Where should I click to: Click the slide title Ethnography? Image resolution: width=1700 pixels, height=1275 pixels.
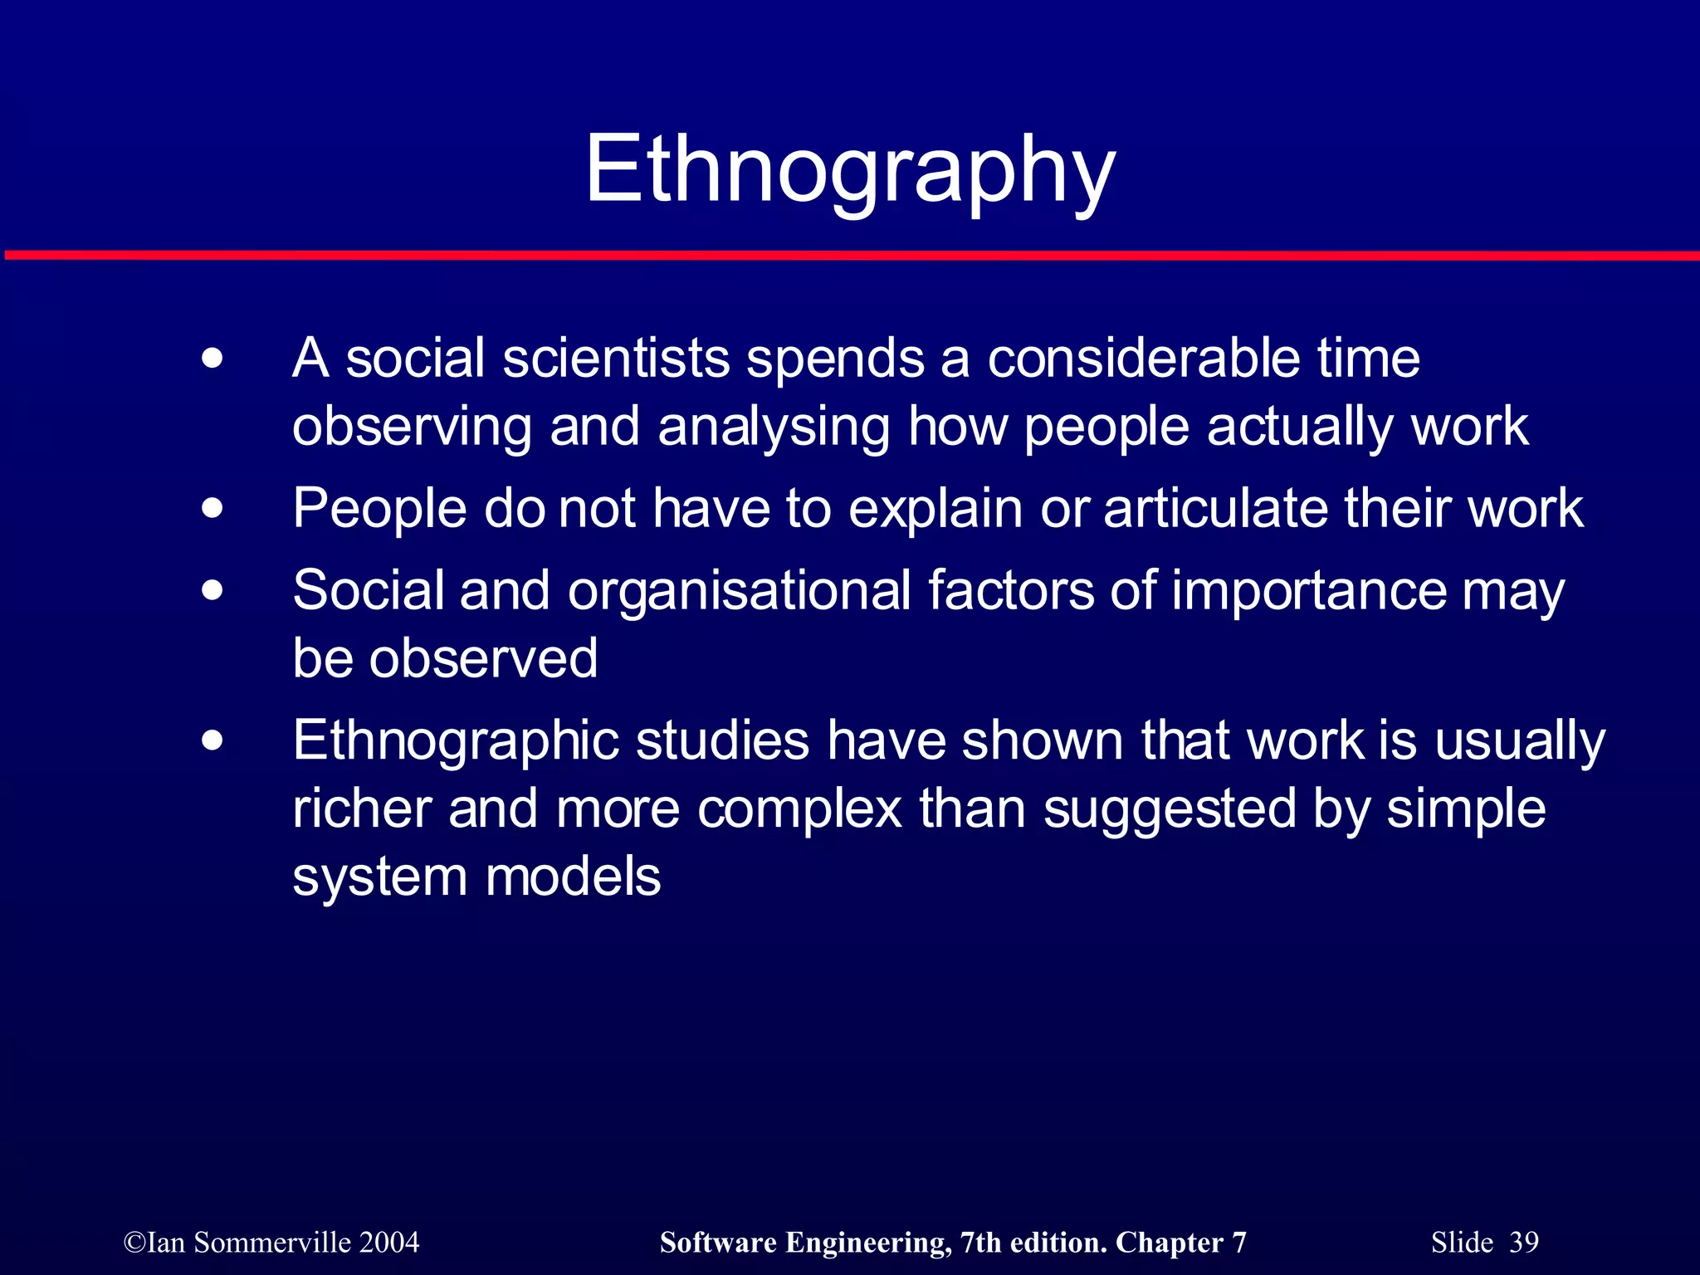[850, 170]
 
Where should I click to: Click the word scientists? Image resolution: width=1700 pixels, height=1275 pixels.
[617, 359]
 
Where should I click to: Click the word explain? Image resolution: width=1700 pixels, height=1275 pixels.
[935, 509]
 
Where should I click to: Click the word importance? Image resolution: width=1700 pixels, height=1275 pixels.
[1309, 590]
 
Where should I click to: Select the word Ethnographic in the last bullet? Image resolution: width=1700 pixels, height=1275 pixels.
[456, 741]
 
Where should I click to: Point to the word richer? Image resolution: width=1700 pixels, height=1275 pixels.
[362, 808]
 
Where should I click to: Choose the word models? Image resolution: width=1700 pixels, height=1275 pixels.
[573, 877]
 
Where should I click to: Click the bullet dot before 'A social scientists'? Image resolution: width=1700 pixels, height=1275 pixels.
[212, 359]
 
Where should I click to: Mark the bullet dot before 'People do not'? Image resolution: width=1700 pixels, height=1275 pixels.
[212, 508]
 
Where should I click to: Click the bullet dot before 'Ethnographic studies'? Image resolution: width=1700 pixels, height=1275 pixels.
[212, 740]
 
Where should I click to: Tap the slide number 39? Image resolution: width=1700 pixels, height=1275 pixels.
[1524, 1243]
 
